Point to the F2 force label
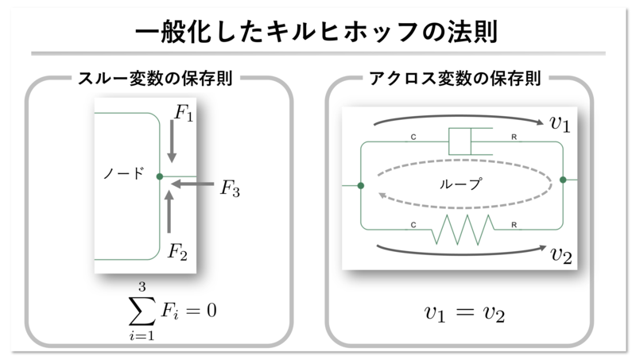pos(177,253)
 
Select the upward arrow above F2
pos(169,212)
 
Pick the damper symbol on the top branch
pos(463,143)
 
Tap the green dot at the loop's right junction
pos(563,180)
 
